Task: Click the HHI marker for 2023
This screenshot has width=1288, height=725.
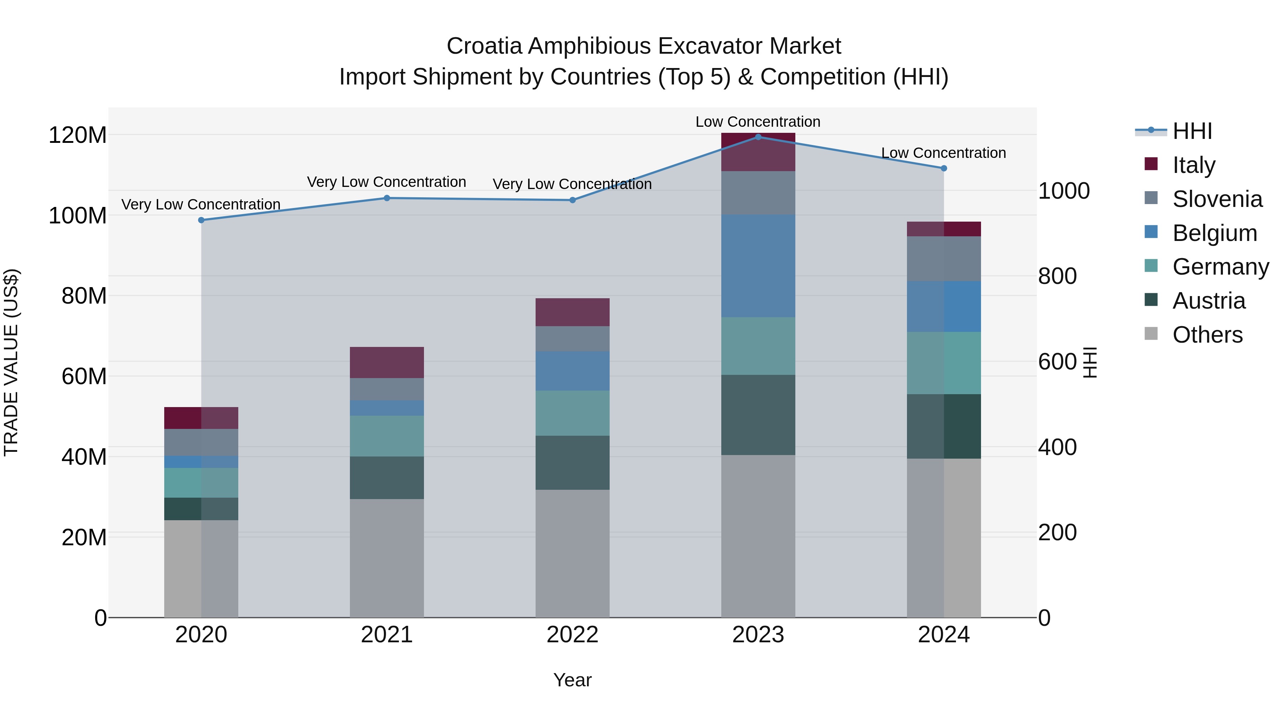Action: click(758, 137)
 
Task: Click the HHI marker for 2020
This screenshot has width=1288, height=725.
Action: click(201, 220)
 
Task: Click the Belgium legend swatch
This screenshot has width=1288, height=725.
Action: click(1151, 232)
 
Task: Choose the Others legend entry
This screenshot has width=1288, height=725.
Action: click(1207, 335)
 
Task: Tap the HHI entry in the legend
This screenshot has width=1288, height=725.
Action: click(1192, 131)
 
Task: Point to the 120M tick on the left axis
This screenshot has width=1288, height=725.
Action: click(78, 135)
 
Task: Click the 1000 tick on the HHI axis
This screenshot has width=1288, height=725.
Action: click(1064, 191)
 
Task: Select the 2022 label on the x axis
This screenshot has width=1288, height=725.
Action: click(572, 635)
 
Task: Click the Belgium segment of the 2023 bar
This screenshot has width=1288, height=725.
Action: click(758, 266)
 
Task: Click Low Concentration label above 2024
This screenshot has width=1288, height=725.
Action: click(943, 153)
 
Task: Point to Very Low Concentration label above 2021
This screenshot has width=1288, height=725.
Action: click(386, 182)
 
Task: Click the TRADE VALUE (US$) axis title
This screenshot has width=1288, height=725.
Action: click(11, 362)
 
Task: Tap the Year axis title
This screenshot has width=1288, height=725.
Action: click(572, 680)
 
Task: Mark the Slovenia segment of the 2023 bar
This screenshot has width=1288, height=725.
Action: click(758, 193)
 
